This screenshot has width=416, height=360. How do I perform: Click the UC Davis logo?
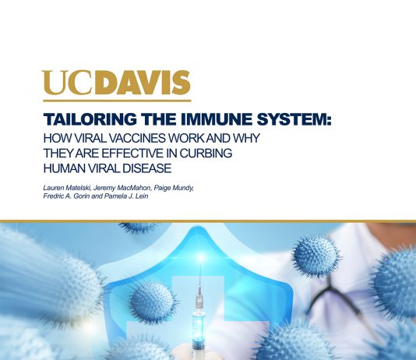116,83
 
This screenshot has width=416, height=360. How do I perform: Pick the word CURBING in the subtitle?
206,154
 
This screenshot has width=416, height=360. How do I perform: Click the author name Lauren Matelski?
67,188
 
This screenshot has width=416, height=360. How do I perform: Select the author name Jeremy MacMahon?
122,188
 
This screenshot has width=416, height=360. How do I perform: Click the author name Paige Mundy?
174,188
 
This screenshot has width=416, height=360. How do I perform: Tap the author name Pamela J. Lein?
126,196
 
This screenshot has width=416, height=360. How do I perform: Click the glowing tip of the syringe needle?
201,258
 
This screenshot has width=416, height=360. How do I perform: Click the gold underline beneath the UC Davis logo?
117,101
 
